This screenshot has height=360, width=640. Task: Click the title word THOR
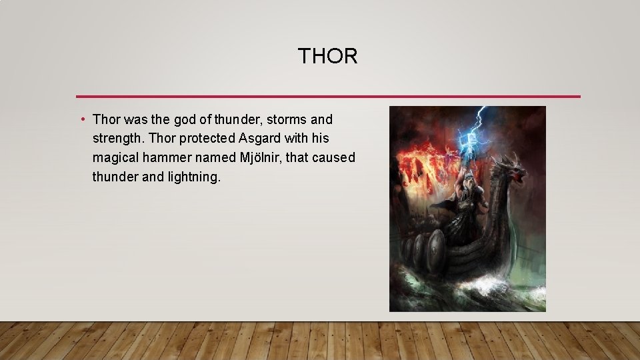[x=327, y=57]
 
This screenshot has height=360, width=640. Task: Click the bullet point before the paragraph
[x=81, y=120]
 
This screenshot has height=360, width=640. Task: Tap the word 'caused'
[x=333, y=158]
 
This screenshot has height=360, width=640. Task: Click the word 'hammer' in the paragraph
[x=186, y=158]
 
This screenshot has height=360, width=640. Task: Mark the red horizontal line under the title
[x=328, y=96]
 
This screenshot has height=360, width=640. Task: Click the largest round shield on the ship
[x=434, y=250]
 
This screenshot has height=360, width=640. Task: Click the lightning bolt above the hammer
[x=477, y=120]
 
